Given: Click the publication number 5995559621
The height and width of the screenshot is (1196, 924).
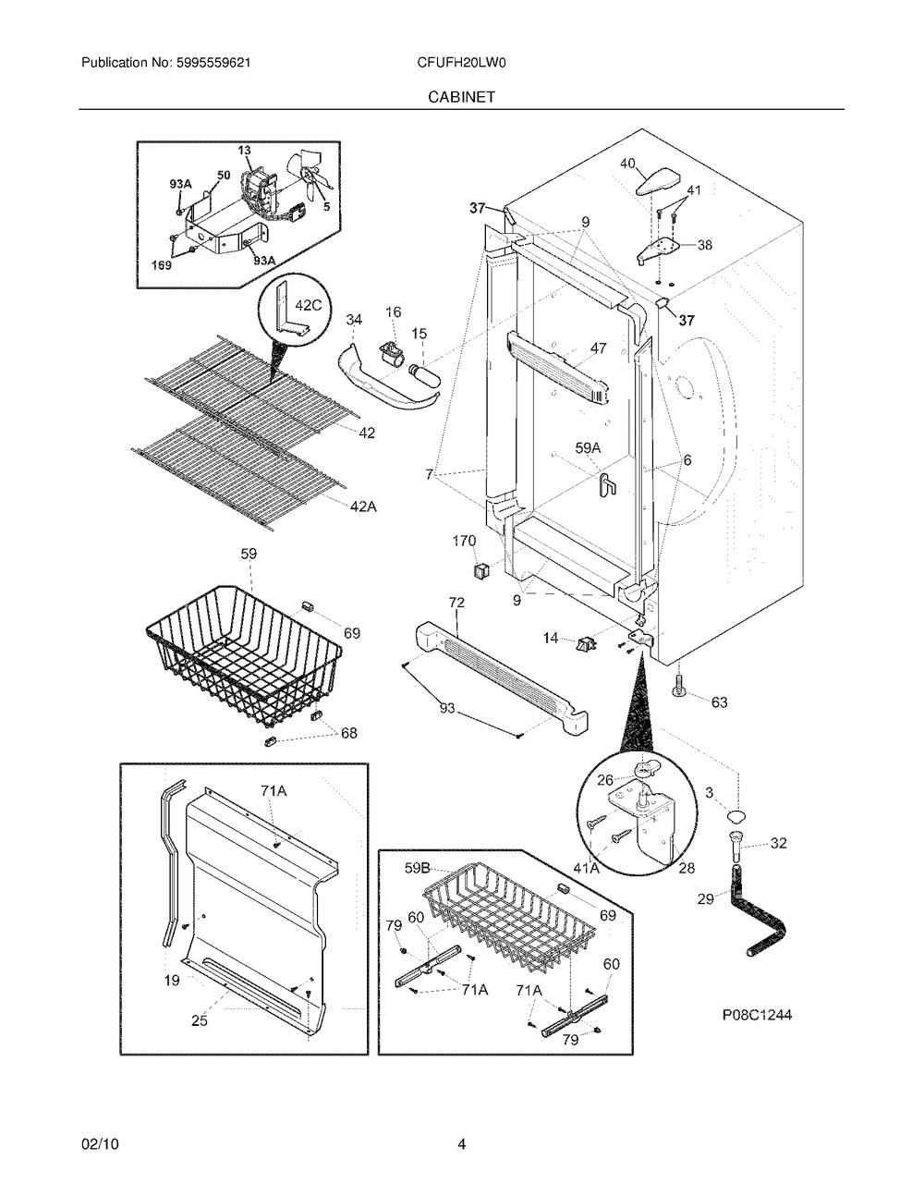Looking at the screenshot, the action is coord(213,63).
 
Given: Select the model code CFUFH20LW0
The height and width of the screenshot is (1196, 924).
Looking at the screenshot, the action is coord(461,63).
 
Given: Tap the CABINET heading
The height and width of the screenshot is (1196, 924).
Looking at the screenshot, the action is coord(461,97).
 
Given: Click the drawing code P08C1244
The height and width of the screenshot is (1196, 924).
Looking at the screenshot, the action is coord(758,1014).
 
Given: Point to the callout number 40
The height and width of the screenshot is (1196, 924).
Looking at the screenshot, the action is coord(628,164).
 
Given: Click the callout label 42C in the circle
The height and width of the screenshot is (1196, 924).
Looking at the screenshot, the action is coord(308,305).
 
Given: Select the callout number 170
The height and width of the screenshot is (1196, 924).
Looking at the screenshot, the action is coord(464,541).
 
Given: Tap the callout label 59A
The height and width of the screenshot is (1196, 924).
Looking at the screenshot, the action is coord(588,448).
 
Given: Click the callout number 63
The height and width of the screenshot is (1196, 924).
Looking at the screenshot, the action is coord(720,702).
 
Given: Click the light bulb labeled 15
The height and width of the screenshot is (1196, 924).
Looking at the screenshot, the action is coord(423,373).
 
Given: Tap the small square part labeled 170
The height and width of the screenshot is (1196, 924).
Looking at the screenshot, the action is coord(481,570).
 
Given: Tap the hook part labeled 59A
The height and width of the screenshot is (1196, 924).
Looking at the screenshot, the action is coord(608,483).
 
